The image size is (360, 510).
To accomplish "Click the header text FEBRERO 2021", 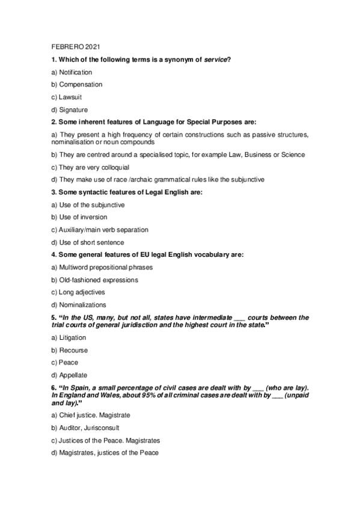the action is click(72, 46).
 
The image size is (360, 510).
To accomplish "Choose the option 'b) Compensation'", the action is click(77, 84).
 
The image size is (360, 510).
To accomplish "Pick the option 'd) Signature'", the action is click(70, 109).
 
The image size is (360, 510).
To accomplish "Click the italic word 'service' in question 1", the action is click(217, 59).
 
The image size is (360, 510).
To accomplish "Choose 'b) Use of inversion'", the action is click(79, 217).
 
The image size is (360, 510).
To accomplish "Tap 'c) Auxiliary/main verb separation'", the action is click(100, 230).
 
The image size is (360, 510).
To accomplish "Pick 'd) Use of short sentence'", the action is click(88, 242).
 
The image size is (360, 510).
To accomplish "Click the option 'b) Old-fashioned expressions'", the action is click(94, 280).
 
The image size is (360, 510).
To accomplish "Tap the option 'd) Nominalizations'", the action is click(79, 305).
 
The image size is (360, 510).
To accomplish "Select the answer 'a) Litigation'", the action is click(69, 338).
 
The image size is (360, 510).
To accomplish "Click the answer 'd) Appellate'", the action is click(70, 375).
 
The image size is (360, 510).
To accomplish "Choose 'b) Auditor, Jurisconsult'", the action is click(85, 428).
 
